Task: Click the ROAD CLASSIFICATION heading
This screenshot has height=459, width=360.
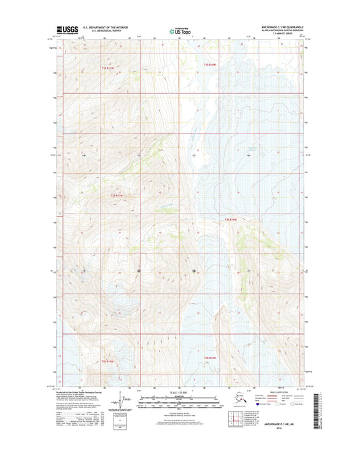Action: pyautogui.click(x=278, y=392)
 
